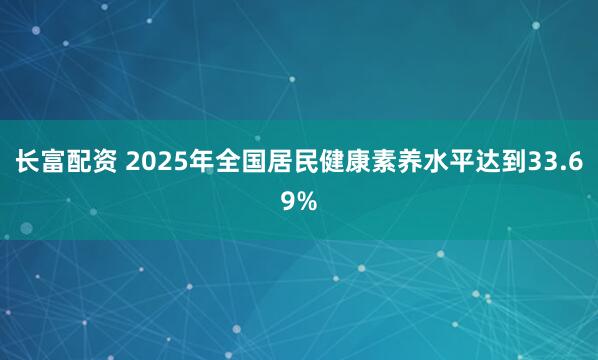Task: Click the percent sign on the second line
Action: (307, 202)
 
